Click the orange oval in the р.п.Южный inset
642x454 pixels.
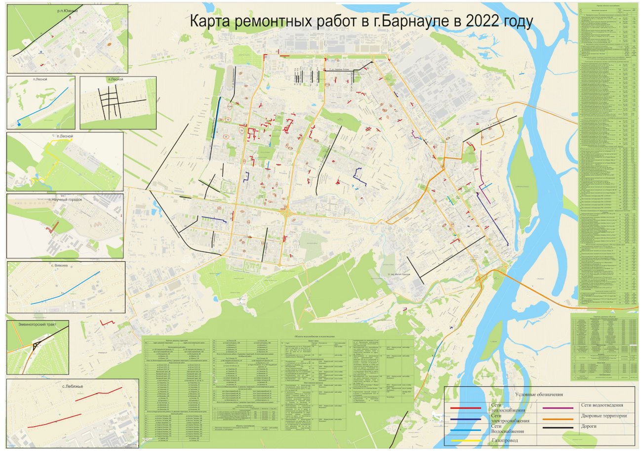coord(109,43)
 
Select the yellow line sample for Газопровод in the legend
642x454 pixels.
coord(467,440)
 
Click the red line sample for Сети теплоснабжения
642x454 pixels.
coord(467,408)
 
